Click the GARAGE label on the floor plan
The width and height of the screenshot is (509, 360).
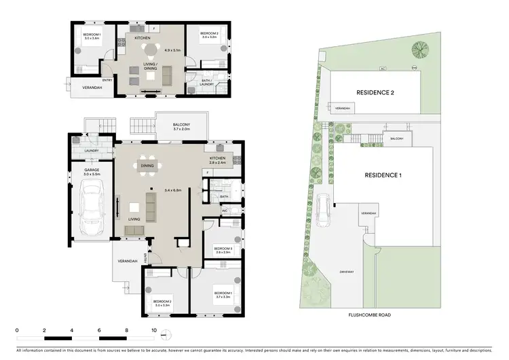92,171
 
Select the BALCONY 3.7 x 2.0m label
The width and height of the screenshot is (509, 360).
181,126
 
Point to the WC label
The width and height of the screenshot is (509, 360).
224,211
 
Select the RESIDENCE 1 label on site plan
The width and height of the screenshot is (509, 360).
383,175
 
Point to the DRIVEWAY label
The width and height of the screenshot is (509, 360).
347,272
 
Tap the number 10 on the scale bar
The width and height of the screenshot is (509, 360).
154,331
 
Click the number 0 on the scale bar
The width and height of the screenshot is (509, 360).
17,331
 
